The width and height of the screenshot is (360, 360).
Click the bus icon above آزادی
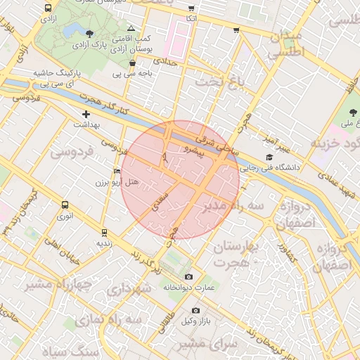[x=48, y=8]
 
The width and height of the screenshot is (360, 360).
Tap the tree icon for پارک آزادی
[x=89, y=33]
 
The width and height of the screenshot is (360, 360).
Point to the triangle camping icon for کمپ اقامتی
[x=131, y=27]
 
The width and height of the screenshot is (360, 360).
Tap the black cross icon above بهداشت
[x=86, y=114]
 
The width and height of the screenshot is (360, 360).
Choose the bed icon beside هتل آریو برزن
[x=117, y=171]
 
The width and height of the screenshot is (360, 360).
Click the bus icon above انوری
[x=65, y=205]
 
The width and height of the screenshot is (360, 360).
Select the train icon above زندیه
[x=104, y=232]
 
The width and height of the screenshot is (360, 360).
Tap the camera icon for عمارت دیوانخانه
[x=188, y=277]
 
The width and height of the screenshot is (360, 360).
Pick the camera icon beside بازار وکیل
[x=195, y=310]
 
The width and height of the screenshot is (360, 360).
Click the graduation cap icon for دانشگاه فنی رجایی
[x=269, y=157]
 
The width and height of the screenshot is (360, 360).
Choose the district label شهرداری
[x=131, y=289]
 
